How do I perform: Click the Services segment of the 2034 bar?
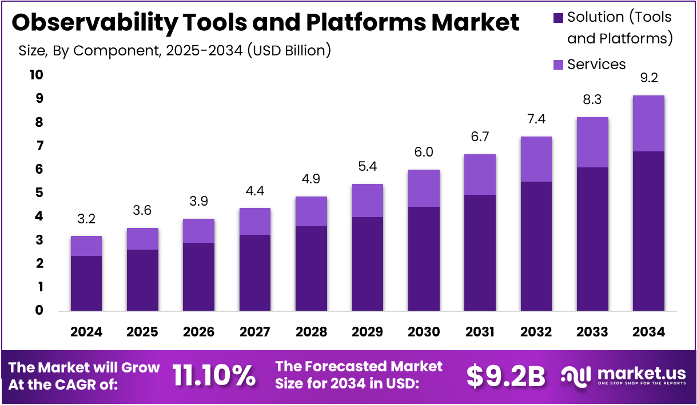(x=648, y=123)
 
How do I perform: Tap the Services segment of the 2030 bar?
(x=424, y=188)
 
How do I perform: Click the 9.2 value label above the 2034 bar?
(x=648, y=78)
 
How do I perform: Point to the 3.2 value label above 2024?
(x=86, y=219)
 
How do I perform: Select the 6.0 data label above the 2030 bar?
(x=424, y=152)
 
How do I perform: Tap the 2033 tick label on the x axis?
(x=592, y=332)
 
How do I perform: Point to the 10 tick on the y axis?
(x=35, y=75)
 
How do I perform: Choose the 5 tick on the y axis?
(x=39, y=193)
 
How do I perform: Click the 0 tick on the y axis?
(x=39, y=310)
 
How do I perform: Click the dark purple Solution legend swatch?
(x=559, y=18)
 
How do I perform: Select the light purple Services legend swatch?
(x=559, y=65)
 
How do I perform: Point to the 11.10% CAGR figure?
(x=214, y=375)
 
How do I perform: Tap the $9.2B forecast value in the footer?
(x=505, y=375)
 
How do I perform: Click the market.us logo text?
(x=641, y=373)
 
